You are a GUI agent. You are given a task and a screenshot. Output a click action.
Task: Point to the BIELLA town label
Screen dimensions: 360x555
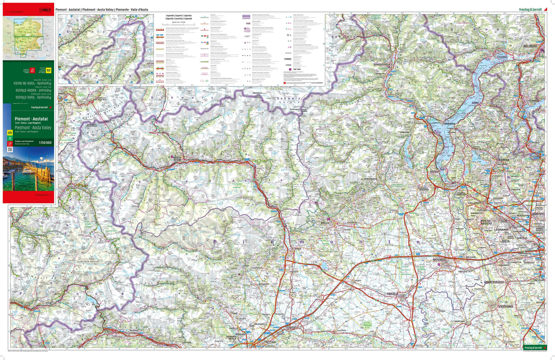(x=324, y=223)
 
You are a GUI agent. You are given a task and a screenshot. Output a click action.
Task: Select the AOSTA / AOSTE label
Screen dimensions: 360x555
(x=177, y=158)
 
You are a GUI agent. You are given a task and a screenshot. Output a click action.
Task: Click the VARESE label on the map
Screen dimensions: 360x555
(x=504, y=160)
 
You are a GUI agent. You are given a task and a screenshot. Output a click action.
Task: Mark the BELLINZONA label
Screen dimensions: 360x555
(x=530, y=46)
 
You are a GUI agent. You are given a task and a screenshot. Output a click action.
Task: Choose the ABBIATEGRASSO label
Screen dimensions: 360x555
(x=494, y=282)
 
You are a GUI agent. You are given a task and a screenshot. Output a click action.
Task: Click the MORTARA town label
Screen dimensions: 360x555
(x=459, y=321)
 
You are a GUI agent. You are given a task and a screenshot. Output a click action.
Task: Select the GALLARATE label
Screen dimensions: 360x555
(x=475, y=203)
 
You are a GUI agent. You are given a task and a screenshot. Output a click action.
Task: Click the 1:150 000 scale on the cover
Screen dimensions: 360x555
(x=45, y=142)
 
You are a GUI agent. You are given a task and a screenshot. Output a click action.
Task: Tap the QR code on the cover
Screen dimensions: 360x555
(x=10, y=149)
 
